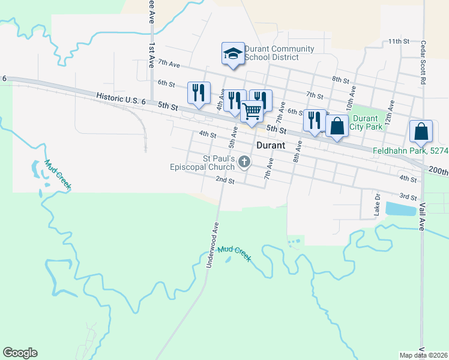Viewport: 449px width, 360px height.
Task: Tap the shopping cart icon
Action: [252, 111]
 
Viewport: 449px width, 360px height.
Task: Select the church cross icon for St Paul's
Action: [244, 162]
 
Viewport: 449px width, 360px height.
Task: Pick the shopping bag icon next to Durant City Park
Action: [337, 127]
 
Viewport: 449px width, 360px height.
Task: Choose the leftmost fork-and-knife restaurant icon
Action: [199, 92]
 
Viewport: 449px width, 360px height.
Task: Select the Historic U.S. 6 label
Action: [120, 98]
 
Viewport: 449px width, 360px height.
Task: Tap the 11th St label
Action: [398, 41]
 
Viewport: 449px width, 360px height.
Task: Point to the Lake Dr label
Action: [378, 203]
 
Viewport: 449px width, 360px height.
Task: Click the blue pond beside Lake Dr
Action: [400, 209]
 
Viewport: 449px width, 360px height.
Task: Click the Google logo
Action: [20, 353]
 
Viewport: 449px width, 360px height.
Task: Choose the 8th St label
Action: [340, 79]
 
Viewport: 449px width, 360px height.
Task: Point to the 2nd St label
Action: [225, 180]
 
